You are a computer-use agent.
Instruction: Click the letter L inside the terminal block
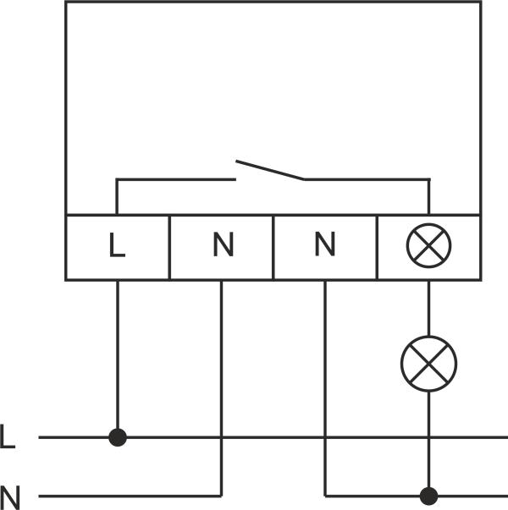(x=117, y=246)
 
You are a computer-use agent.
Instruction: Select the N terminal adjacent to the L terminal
(x=222, y=246)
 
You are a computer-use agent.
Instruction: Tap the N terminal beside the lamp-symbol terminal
(x=324, y=246)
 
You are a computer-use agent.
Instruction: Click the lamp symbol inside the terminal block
(x=428, y=246)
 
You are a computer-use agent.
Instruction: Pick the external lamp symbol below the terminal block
(x=428, y=364)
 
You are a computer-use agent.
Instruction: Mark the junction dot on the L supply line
(x=118, y=437)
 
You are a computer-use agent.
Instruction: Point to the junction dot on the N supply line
(x=429, y=495)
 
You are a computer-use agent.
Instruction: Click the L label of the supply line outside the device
(x=8, y=437)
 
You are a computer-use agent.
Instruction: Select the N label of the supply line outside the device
(x=10, y=496)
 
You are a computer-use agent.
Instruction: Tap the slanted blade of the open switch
(x=269, y=169)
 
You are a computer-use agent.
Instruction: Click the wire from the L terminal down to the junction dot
(x=118, y=355)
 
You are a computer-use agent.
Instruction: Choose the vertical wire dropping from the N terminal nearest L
(x=221, y=381)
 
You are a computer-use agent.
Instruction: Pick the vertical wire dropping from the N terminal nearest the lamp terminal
(x=325, y=381)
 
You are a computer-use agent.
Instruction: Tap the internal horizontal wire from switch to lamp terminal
(x=364, y=178)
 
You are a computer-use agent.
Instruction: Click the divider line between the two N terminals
(x=273, y=246)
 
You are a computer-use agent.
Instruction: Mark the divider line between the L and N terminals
(x=169, y=246)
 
